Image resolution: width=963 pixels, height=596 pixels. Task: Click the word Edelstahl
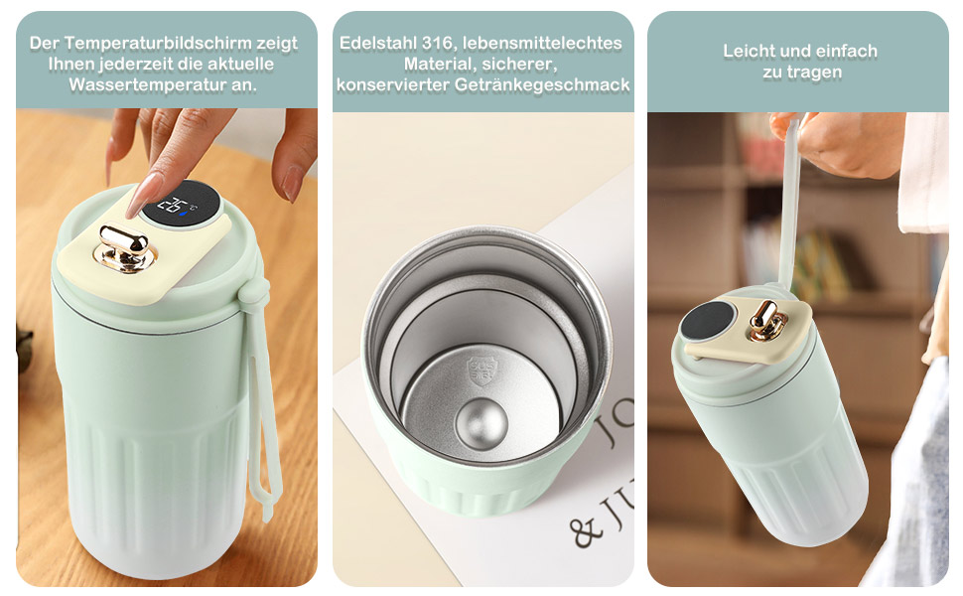click(x=374, y=44)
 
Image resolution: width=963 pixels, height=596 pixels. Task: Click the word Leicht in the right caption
click(x=749, y=51)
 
